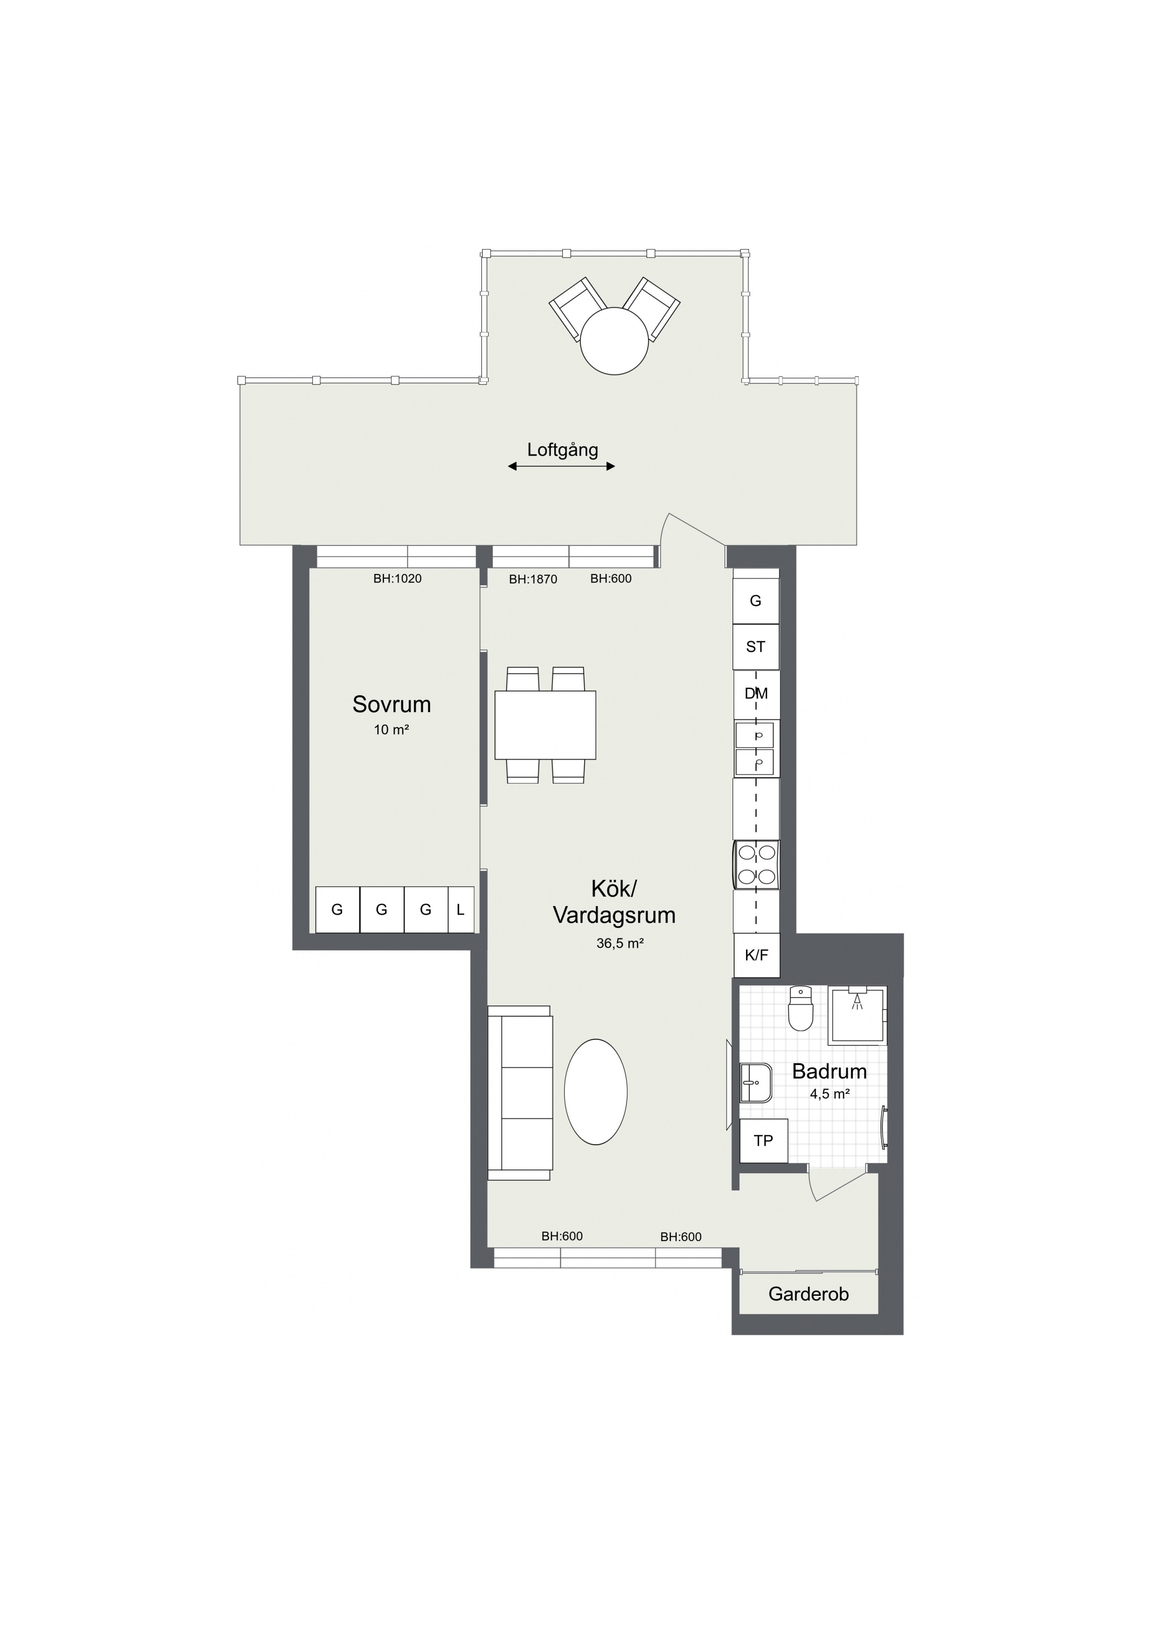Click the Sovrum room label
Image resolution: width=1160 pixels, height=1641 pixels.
(391, 704)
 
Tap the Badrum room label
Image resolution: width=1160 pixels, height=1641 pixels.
(829, 1071)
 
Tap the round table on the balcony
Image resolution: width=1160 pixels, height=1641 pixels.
(615, 341)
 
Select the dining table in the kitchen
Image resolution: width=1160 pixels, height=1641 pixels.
(545, 725)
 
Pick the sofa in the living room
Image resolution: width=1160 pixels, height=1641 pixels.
(520, 1093)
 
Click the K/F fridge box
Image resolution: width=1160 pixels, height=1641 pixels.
(756, 955)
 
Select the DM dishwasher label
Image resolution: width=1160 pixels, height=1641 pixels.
(756, 693)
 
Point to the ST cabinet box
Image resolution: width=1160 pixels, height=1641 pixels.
(756, 647)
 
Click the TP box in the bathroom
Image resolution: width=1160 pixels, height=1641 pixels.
(763, 1140)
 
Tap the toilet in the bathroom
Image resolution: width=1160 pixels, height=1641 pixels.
(800, 1009)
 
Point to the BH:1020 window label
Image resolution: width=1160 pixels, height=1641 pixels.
(398, 578)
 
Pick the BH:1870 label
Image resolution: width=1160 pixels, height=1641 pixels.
(533, 579)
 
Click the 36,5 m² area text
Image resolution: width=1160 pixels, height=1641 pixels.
(620, 944)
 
